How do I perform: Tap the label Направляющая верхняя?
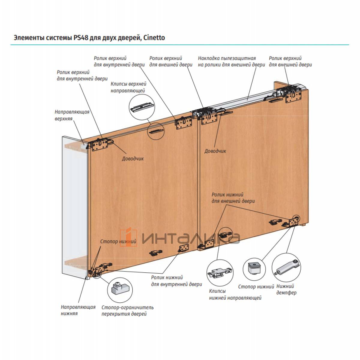[x=72, y=115]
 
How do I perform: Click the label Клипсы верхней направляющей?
[x=128, y=87]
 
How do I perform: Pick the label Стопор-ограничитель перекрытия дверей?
[x=127, y=310]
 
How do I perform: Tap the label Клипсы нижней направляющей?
[x=235, y=295]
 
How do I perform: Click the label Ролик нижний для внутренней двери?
[x=176, y=281]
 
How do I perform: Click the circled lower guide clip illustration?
[x=220, y=272]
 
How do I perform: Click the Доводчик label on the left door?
[x=133, y=158]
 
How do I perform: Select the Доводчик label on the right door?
[x=215, y=151]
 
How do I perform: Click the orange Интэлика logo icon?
[x=129, y=238]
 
